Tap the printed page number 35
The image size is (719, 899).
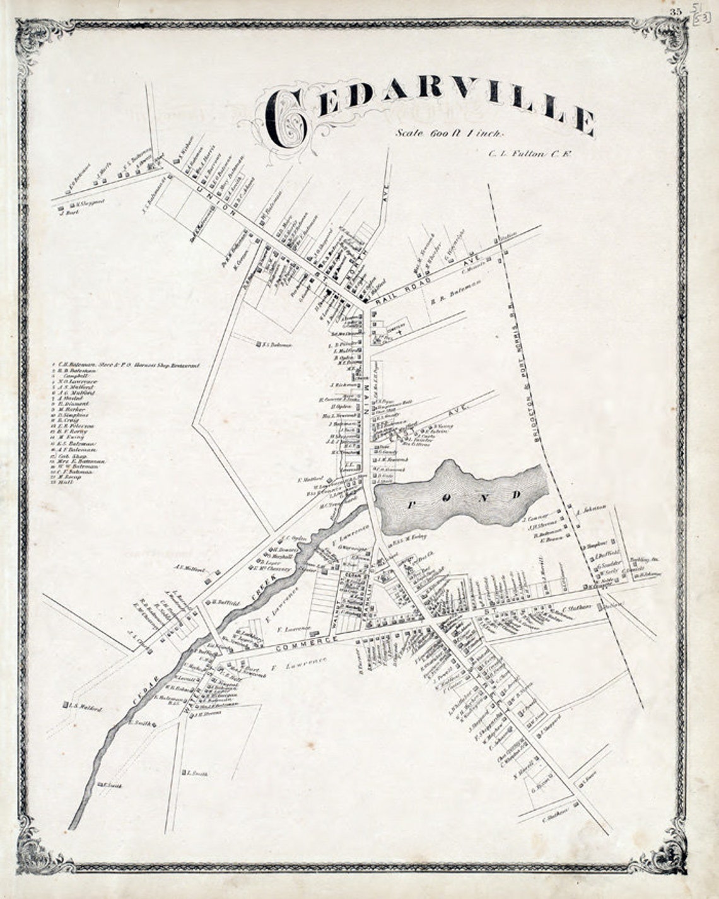click(x=676, y=11)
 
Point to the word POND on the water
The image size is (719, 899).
click(x=464, y=499)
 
